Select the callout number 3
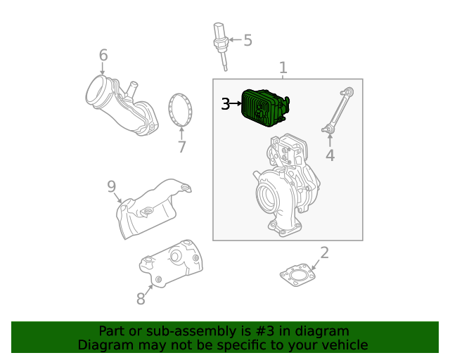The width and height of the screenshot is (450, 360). point(225,104)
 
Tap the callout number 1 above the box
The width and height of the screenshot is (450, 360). point(283,67)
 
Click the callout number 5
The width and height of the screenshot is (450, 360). point(247,40)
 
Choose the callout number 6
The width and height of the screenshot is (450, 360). point(103,55)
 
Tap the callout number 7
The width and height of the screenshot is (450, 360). point(181,147)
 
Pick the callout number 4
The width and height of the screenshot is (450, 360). point(330,155)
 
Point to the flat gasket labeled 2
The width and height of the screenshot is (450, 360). point(299,276)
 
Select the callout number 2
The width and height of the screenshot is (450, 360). point(324,253)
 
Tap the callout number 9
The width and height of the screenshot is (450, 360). point(111,186)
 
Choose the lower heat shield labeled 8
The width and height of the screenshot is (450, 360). point(172,264)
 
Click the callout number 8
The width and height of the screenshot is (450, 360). point(141,299)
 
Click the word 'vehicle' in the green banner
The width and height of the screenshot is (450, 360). point(342,345)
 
